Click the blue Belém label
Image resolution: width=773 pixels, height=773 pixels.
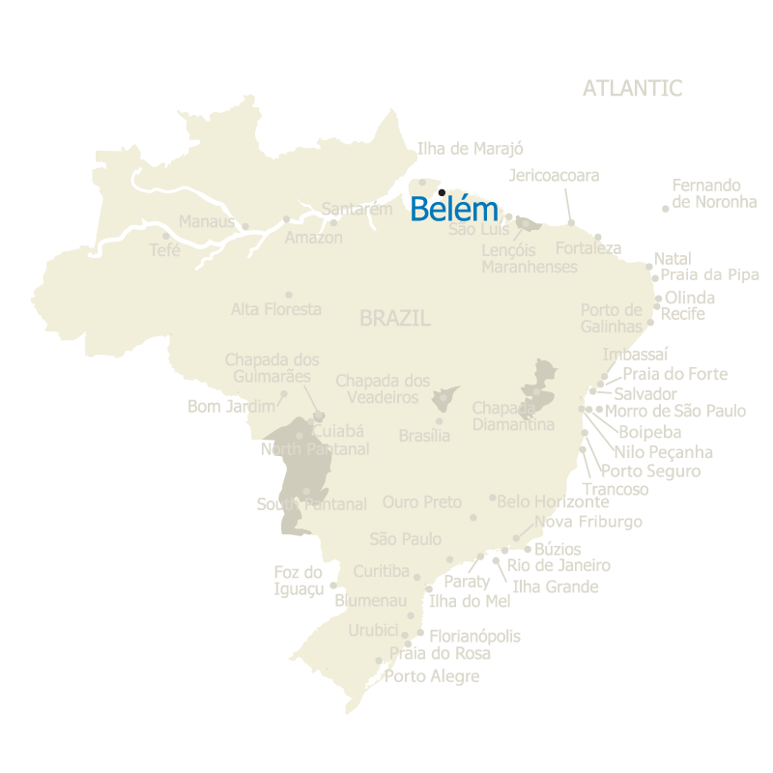coord(454,210)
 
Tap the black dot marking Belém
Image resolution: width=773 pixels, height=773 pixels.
coord(442,192)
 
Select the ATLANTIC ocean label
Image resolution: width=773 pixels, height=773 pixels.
coord(632,88)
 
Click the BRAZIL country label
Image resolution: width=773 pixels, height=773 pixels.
coord(394,318)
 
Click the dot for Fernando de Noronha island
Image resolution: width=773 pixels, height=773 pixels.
coord(665,209)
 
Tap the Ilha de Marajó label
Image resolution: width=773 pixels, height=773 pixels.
coord(470,149)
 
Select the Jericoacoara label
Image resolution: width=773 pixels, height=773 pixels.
coord(554,175)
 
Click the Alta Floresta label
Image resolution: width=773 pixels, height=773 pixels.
coord(275,309)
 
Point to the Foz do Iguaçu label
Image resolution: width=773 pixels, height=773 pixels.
coord(298,580)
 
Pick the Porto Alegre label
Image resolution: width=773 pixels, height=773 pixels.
coord(431,676)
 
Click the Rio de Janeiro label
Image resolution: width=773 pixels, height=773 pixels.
coord(558,565)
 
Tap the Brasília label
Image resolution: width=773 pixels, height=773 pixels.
coord(424,436)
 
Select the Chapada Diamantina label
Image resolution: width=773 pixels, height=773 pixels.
coord(513,415)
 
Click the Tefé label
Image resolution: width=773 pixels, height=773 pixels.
coord(164,249)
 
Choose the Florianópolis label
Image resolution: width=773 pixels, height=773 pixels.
coord(474,636)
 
